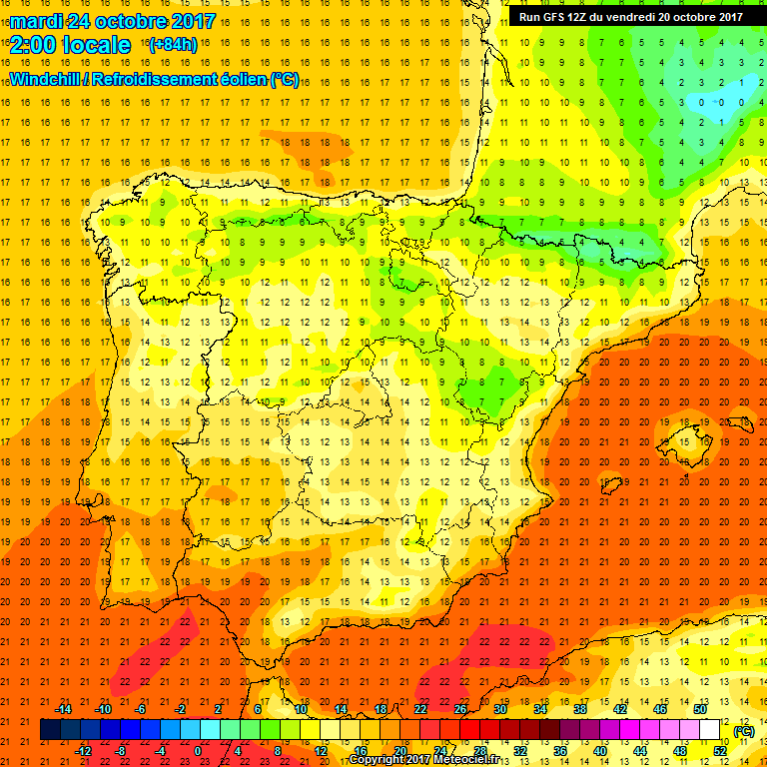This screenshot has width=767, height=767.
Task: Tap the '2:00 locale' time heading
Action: [x=70, y=45]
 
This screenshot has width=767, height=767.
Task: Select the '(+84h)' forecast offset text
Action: [x=172, y=45]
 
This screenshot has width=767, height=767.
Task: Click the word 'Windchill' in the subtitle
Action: [x=48, y=79]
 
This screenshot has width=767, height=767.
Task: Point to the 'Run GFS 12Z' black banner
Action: [x=630, y=16]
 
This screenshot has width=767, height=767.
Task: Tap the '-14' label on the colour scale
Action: [x=65, y=709]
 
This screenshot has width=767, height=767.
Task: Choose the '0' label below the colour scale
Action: [x=198, y=751]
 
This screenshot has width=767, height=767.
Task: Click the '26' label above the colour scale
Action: [x=460, y=709]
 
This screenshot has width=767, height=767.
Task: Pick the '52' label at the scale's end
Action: [x=719, y=751]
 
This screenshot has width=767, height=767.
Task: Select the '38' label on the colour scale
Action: [x=579, y=709]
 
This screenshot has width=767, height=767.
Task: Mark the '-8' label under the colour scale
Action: [x=120, y=751]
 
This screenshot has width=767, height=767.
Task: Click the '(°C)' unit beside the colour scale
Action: [x=744, y=731]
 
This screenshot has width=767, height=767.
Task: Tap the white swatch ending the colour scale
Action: [x=710, y=730]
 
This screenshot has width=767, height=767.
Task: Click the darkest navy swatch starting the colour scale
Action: [x=50, y=730]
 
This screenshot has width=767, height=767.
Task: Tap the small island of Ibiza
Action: [x=611, y=486]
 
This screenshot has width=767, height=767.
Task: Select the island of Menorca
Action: [x=738, y=423]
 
